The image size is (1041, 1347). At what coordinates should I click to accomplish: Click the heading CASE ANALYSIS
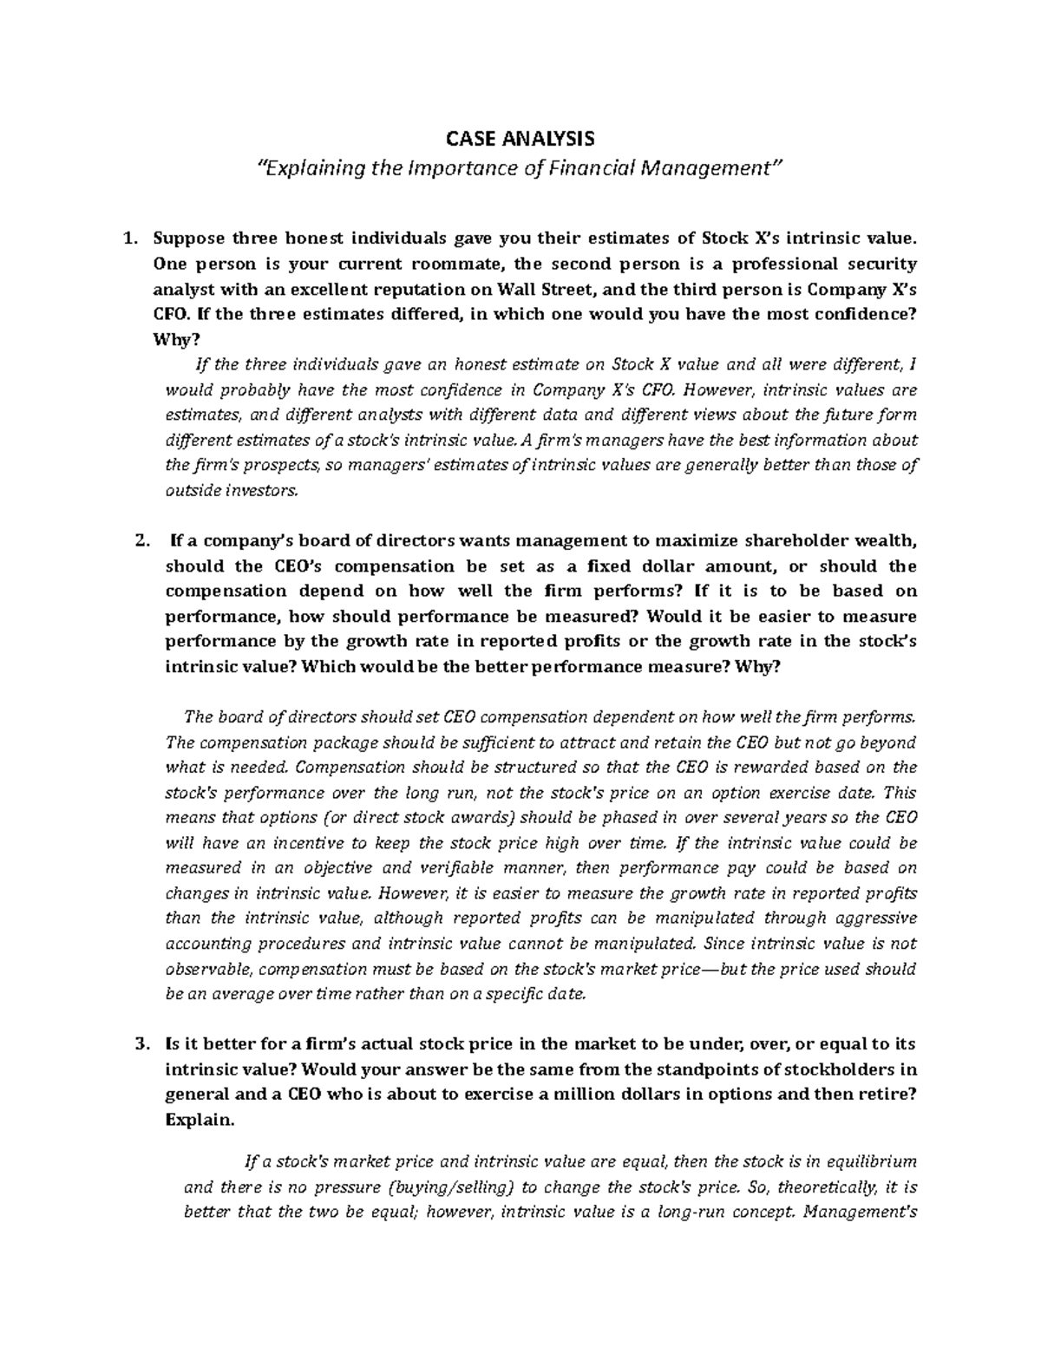pyautogui.click(x=520, y=138)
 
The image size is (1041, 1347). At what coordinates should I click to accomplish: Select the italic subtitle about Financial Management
pyautogui.click(x=520, y=167)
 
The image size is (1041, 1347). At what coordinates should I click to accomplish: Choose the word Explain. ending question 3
pyautogui.click(x=199, y=1120)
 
